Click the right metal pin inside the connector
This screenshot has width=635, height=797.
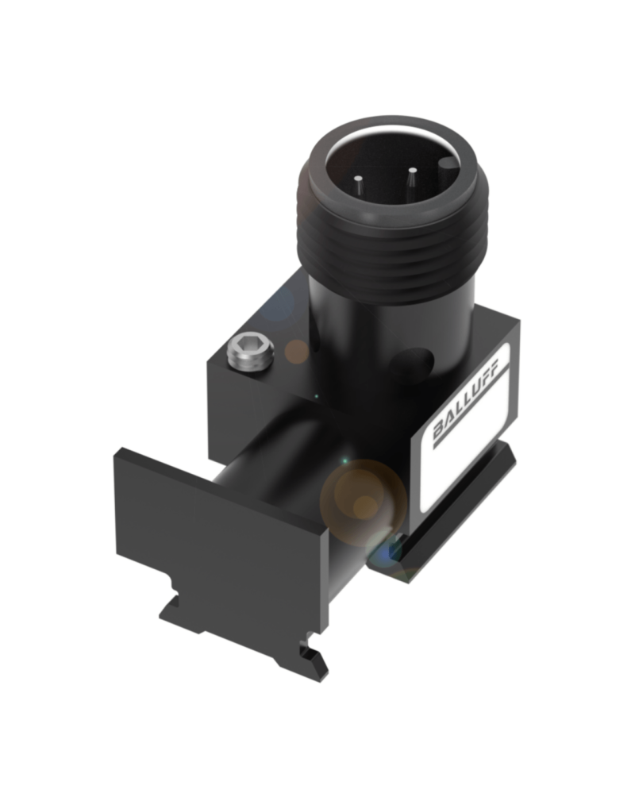pos(411,180)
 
